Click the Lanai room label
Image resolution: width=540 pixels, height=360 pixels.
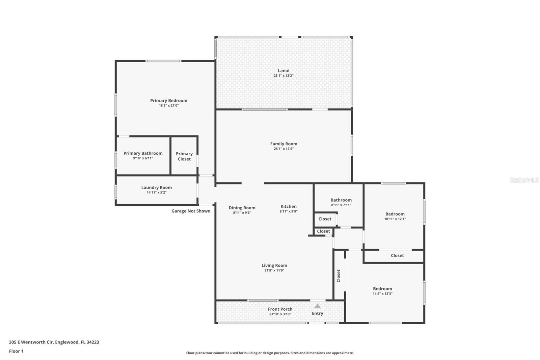(283, 71)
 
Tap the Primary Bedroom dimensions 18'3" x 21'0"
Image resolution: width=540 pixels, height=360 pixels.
(169, 105)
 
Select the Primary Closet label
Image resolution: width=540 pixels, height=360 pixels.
(184, 156)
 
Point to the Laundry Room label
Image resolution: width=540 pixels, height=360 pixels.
(157, 187)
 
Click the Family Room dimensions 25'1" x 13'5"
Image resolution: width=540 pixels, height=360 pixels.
(284, 149)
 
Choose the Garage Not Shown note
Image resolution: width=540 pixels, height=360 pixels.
(191, 211)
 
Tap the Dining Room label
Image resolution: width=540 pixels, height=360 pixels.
(242, 208)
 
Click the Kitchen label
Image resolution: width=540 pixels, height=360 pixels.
(289, 207)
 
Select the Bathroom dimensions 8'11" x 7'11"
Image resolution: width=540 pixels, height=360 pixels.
(341, 205)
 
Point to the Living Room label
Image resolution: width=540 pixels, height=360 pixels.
(274, 265)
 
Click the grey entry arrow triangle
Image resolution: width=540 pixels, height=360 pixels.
(318, 306)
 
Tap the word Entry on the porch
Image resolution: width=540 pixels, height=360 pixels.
(318, 313)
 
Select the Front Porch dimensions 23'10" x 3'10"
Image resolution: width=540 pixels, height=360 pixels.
(280, 314)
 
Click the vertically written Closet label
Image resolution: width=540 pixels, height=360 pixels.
(338, 276)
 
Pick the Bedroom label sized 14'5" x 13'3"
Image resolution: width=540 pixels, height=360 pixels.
(383, 289)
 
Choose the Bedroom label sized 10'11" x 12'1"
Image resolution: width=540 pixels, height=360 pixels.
(395, 214)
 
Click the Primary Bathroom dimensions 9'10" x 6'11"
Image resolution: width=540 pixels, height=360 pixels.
(143, 158)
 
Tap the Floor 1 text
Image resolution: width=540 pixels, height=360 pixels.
(16, 351)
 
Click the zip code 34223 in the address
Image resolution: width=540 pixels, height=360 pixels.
(93, 342)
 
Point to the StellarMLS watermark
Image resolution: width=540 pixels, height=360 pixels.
(524, 180)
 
